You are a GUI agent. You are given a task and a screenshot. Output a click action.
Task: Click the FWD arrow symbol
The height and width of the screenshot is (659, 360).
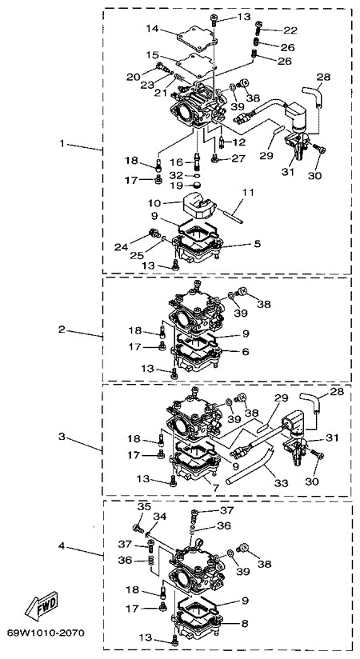41,605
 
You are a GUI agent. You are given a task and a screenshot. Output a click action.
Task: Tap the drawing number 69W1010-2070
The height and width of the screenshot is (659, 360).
46,632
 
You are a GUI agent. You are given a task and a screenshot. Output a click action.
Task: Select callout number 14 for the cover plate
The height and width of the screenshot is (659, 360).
154,29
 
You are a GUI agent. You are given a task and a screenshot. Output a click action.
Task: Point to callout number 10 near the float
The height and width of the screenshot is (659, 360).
154,203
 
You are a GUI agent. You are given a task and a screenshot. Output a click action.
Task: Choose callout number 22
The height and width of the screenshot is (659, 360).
290,30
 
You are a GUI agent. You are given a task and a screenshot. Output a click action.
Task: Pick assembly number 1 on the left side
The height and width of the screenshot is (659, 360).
62,143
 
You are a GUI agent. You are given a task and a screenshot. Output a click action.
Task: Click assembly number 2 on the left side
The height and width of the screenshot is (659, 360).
62,329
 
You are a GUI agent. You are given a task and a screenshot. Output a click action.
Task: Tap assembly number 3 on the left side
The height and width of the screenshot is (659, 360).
62,437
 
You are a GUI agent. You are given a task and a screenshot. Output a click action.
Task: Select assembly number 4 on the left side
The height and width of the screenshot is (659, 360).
62,546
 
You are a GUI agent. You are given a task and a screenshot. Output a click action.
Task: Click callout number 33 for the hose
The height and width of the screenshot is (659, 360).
281,483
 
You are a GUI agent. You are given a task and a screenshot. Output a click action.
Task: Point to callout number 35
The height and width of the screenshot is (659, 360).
144,507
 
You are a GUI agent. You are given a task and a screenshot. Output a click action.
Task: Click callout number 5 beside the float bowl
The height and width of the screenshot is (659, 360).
257,243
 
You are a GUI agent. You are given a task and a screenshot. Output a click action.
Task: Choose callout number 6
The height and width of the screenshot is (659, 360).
246,351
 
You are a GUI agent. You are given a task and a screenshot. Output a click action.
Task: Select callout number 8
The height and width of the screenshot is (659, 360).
245,624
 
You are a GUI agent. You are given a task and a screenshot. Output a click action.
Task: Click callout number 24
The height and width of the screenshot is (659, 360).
121,247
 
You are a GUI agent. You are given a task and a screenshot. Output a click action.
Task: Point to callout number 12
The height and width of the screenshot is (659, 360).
238,142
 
